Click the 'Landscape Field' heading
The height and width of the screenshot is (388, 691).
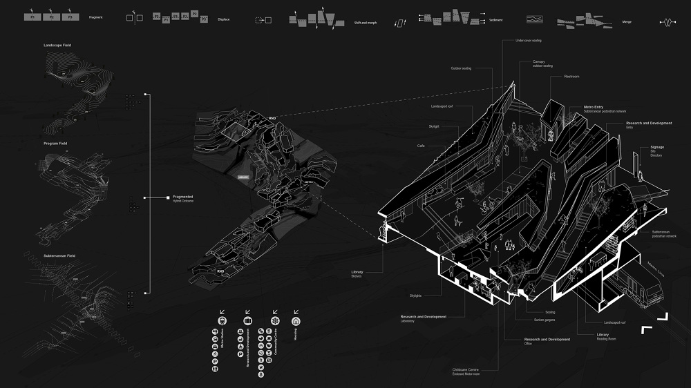pos(57,45)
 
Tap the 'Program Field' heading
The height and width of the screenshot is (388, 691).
pos(55,144)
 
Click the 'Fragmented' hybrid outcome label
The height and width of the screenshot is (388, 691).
pos(182,197)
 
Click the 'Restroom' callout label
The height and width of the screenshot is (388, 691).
pos(571,76)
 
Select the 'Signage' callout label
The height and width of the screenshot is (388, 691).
pos(656,147)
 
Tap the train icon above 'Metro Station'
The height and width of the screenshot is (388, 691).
pos(222,320)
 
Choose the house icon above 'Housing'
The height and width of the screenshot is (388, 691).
pos(296,320)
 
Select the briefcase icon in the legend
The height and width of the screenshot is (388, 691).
pos(247,320)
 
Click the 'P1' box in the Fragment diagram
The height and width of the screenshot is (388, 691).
pos(32,16)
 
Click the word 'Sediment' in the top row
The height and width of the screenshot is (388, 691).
pos(495,21)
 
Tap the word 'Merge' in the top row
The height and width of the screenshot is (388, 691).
pos(627,22)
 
